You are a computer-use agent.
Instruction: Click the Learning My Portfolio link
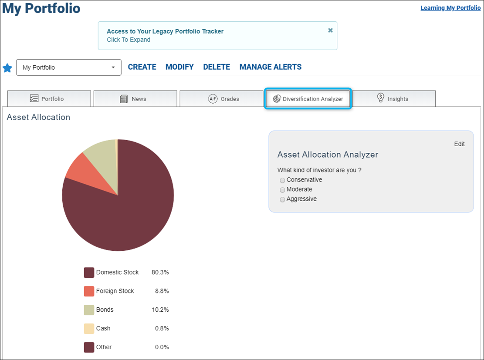tap(450, 8)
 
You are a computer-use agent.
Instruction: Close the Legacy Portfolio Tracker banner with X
tap(330, 30)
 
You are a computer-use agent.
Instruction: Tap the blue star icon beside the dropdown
tap(7, 68)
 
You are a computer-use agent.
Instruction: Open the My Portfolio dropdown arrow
tap(113, 67)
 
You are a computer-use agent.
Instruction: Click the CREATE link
tap(142, 67)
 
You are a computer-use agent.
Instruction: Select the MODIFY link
tap(179, 67)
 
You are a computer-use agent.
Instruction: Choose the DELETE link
tap(217, 67)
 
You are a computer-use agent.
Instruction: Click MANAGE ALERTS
tap(271, 67)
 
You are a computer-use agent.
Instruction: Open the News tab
tap(135, 99)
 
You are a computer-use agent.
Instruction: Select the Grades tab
tap(221, 99)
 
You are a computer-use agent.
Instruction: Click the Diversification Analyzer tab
tap(308, 99)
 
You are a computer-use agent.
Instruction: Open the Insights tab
tap(394, 99)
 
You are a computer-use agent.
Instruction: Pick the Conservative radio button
tap(282, 180)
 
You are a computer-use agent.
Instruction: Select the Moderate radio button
tap(282, 190)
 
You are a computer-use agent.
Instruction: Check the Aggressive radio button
tap(282, 199)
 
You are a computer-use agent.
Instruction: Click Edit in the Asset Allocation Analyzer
tap(459, 144)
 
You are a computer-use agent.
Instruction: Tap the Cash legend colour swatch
tap(89, 329)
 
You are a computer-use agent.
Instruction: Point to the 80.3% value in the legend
tap(160, 273)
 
